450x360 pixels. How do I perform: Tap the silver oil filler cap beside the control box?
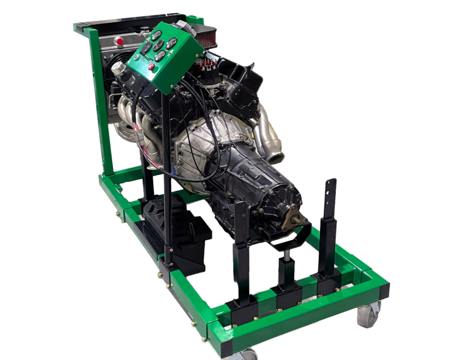coord(118,68)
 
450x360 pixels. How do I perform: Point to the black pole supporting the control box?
coord(167,176)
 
